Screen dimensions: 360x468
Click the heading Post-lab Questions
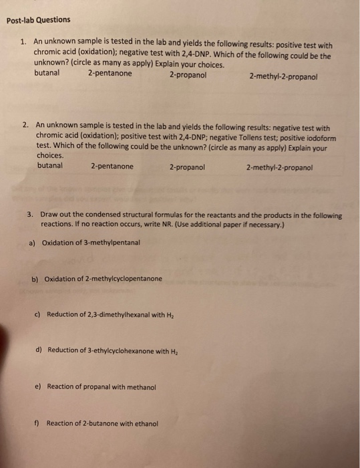point(38,20)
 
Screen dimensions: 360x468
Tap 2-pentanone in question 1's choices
point(110,74)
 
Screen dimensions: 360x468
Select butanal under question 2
point(50,166)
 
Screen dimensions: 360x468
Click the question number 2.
point(25,124)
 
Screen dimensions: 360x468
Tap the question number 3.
point(31,215)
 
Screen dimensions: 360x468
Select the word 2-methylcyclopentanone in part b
point(124,278)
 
